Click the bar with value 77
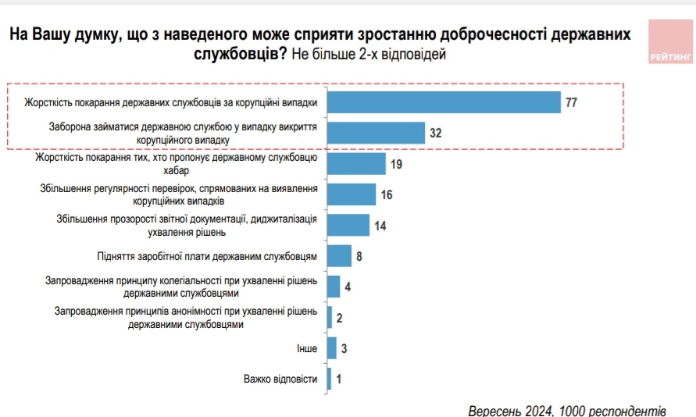[x=444, y=102]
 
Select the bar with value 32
[x=376, y=133]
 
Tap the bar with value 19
[x=356, y=164]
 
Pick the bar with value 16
[x=351, y=194]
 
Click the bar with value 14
[x=348, y=225]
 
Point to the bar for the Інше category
[x=331, y=347]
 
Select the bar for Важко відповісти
[x=329, y=379]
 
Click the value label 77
[x=571, y=102]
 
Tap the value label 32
[x=436, y=134]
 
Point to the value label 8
[x=359, y=256]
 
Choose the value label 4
[x=348, y=287]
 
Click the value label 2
[x=340, y=318]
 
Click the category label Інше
[x=307, y=348]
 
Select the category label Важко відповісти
[x=280, y=380]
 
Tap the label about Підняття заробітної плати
[x=208, y=256]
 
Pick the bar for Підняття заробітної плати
[x=339, y=256]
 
